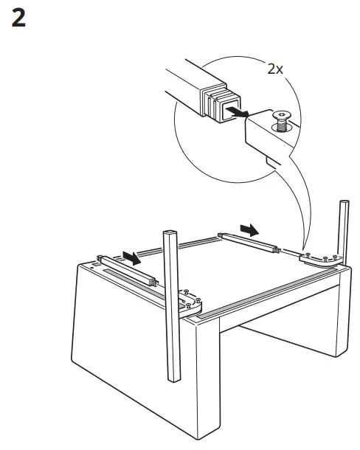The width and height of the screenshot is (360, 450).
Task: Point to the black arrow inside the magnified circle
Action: click(x=235, y=111)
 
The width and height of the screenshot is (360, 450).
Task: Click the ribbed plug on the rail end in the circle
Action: click(x=214, y=101)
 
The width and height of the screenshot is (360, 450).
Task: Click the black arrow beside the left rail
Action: click(x=133, y=257)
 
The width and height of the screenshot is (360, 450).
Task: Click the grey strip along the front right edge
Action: click(x=273, y=295)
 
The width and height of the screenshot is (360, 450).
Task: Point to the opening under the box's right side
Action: click(x=295, y=347)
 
